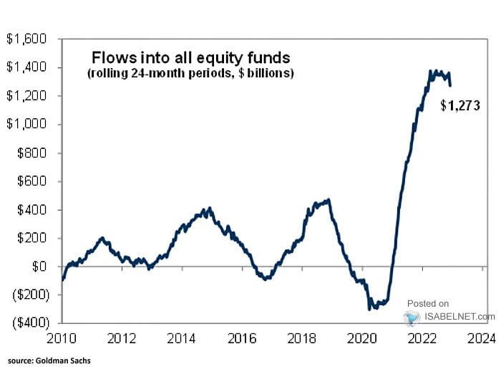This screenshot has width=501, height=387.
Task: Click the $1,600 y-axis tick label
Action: (x=26, y=39)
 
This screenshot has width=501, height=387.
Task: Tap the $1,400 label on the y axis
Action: (x=26, y=67)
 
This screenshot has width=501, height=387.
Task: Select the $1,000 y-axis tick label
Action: (x=26, y=124)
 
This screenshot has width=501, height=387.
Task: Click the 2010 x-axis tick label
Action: (x=63, y=338)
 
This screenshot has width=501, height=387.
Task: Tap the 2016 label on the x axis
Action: (x=242, y=338)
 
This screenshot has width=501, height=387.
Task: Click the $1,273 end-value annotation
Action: (x=459, y=106)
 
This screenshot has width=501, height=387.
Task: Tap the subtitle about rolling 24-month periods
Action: (x=190, y=74)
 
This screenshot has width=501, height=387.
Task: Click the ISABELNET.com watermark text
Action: (x=459, y=316)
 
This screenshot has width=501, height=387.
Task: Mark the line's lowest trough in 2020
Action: (x=370, y=309)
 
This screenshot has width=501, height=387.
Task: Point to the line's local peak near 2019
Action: (x=329, y=200)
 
